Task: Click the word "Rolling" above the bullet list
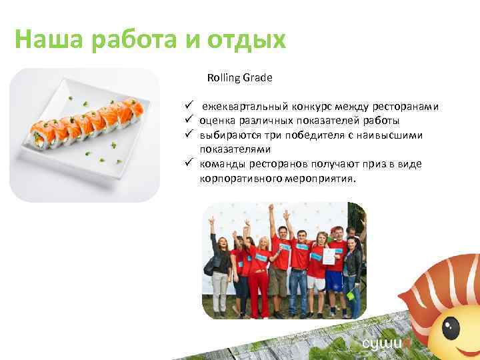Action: (223, 78)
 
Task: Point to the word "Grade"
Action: (257, 78)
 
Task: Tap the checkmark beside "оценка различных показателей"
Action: (189, 121)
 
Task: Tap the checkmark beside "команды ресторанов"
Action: (189, 164)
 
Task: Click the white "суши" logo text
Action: (377, 344)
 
